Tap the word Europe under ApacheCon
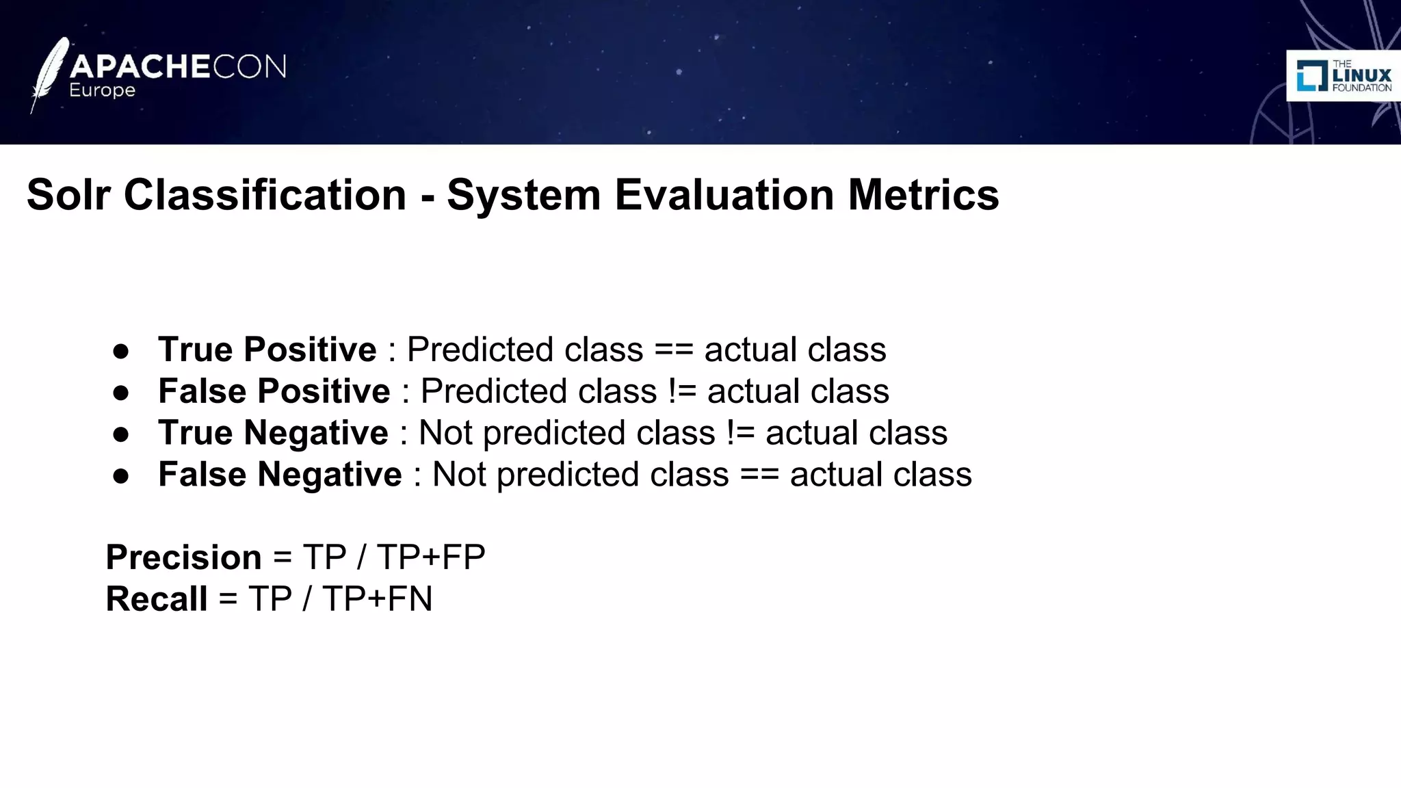point(102,91)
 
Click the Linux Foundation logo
point(1344,76)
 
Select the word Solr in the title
point(68,195)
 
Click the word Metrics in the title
point(924,195)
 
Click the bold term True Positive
point(267,350)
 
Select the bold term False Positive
point(274,391)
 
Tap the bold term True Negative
point(273,433)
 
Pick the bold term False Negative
point(280,475)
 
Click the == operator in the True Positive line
point(674,350)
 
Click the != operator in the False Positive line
point(682,392)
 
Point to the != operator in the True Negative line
point(740,434)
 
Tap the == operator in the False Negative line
point(759,475)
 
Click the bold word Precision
point(183,557)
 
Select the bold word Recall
point(157,599)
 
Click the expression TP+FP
point(431,557)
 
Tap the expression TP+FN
point(377,599)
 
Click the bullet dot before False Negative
point(121,477)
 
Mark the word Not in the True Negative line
point(445,434)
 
